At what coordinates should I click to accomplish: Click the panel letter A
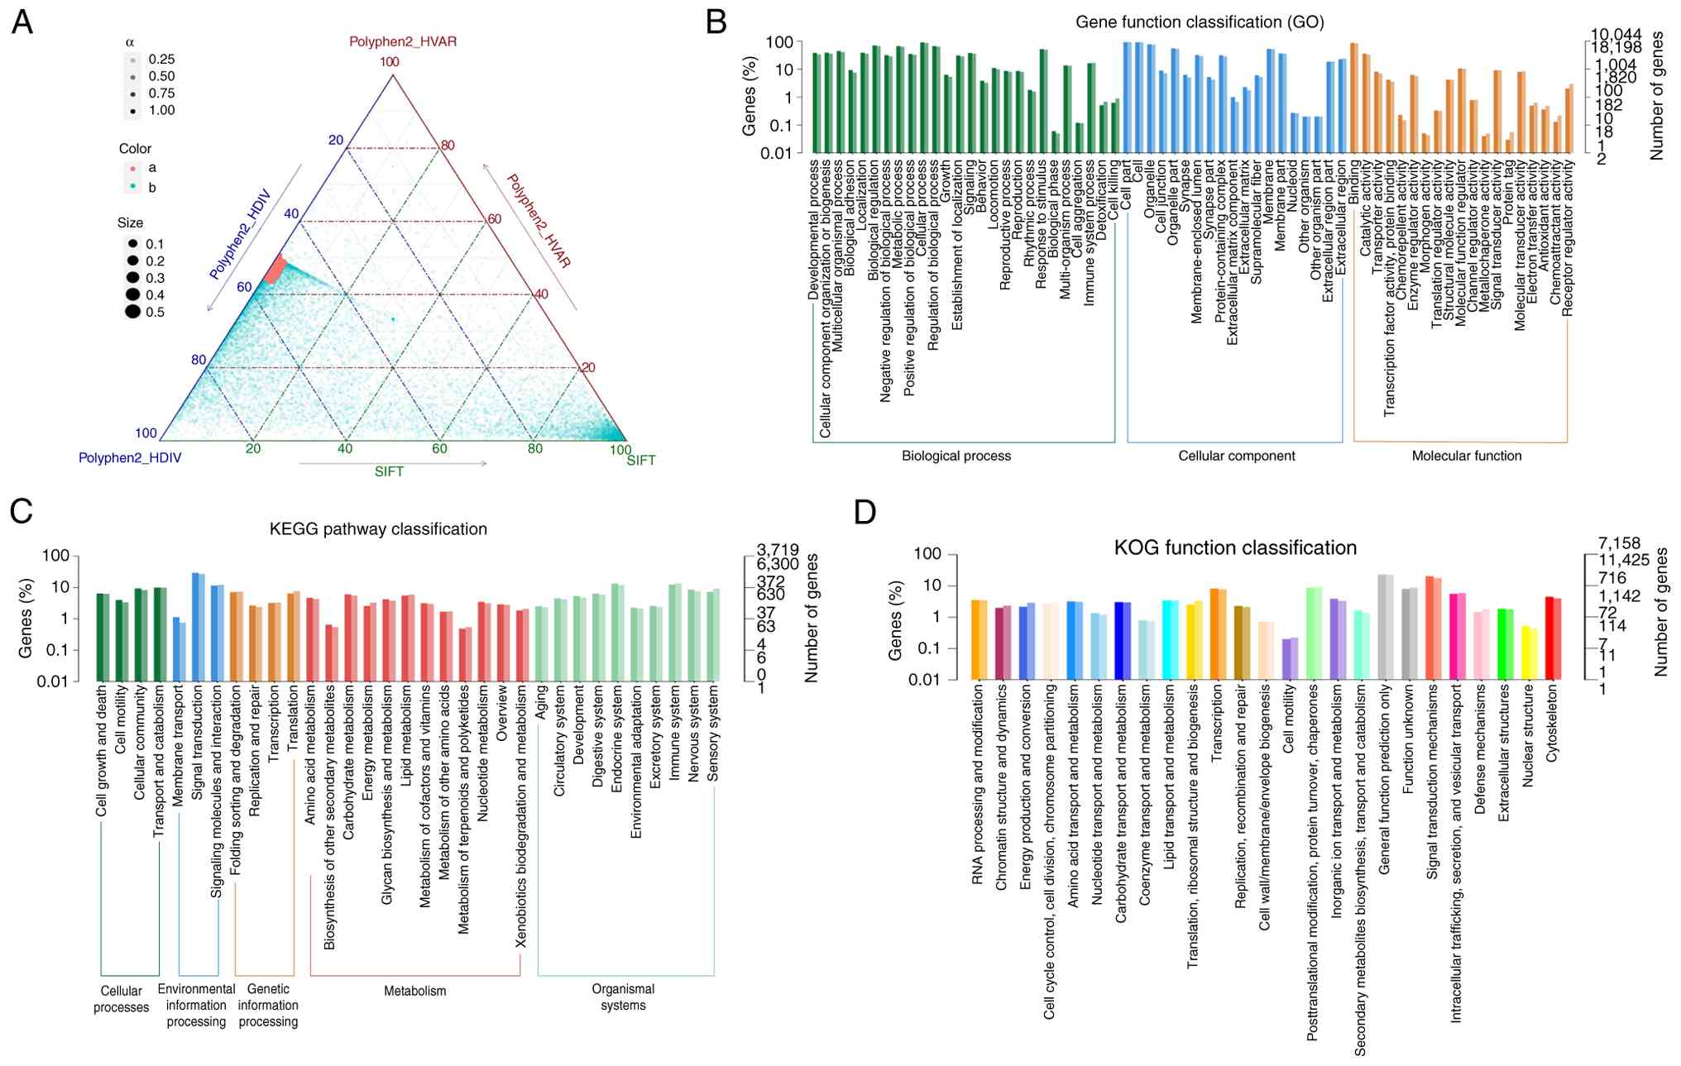tap(22, 22)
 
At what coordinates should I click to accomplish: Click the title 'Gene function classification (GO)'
tap(1199, 22)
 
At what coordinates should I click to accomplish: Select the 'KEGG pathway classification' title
tap(378, 529)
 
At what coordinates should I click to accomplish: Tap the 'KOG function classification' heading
tap(1234, 548)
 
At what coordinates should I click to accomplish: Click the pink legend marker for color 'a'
tap(132, 169)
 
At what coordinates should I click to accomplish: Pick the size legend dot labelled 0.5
tap(132, 312)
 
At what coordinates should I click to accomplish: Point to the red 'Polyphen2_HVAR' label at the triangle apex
tap(402, 41)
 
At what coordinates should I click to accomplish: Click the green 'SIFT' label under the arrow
tap(389, 472)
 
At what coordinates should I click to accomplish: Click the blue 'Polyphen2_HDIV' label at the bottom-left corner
tap(130, 458)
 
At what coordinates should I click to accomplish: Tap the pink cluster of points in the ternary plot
tap(275, 270)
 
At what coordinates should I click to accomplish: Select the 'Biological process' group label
tap(955, 456)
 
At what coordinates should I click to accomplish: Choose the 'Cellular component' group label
tap(1236, 456)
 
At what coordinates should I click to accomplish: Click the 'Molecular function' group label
tap(1466, 456)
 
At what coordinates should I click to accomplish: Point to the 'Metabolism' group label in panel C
tap(414, 991)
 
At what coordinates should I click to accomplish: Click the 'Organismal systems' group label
tap(623, 997)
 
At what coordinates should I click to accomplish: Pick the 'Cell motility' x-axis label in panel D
tap(1288, 719)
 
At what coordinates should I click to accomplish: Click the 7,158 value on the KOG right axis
tap(1619, 543)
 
